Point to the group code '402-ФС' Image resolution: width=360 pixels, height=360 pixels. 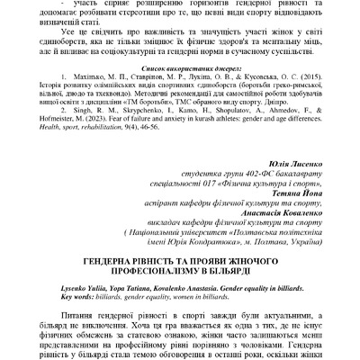(x=236, y=178)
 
